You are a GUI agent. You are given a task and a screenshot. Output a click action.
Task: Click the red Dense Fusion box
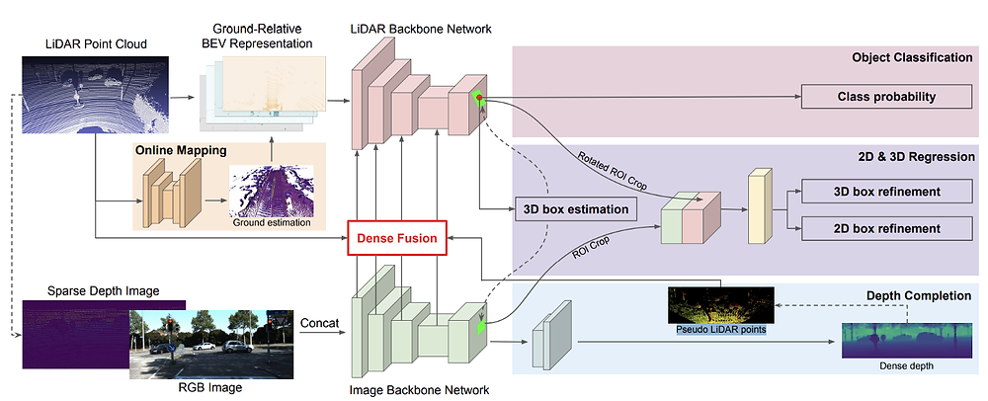click(x=397, y=239)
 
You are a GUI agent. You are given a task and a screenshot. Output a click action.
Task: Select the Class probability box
click(x=886, y=97)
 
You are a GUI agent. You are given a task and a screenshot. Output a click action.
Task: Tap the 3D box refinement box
click(x=886, y=192)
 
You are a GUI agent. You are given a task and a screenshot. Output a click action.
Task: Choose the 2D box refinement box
click(x=886, y=228)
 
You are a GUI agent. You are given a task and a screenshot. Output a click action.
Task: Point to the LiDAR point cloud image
click(x=95, y=95)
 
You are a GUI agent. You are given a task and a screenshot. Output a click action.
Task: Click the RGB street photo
click(x=210, y=343)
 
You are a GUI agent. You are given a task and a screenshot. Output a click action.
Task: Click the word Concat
click(x=319, y=323)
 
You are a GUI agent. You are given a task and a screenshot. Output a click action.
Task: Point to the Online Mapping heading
click(x=181, y=151)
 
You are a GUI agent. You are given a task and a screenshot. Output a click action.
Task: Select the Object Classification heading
click(x=912, y=58)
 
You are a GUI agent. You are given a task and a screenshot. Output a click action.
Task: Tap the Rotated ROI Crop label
click(x=615, y=169)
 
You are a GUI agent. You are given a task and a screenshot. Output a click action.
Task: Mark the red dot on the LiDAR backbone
click(x=479, y=98)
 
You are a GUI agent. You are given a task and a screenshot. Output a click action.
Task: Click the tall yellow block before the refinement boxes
click(x=759, y=205)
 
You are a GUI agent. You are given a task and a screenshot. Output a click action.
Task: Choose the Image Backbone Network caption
click(x=420, y=390)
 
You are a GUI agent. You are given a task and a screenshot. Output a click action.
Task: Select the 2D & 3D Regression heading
click(x=918, y=157)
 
